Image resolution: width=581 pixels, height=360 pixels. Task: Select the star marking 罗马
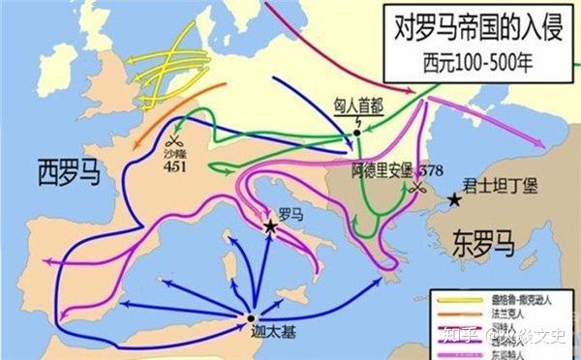[x=270, y=226]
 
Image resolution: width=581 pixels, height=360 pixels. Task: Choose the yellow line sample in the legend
[x=460, y=300]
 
